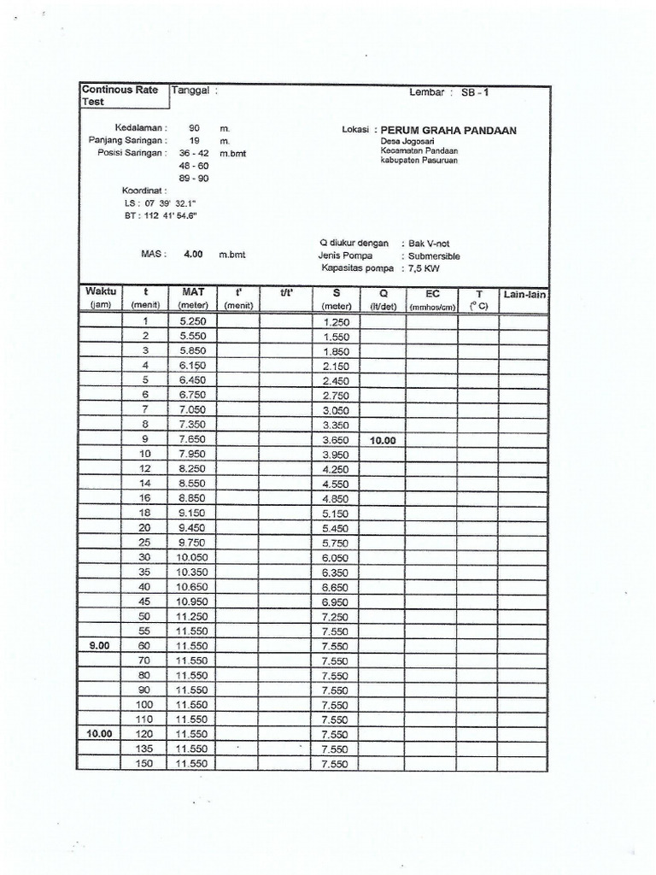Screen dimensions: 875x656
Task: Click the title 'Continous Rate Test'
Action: point(120,95)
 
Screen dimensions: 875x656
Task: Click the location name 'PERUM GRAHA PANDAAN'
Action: point(448,131)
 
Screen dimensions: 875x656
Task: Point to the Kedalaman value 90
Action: point(194,127)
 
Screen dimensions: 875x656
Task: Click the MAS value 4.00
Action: point(193,254)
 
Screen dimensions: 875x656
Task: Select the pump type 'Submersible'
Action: point(434,255)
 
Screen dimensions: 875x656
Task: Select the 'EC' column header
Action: point(432,293)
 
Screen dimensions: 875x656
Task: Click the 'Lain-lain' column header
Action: point(524,295)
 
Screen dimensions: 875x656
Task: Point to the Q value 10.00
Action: point(383,440)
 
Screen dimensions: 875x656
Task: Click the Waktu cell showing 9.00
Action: point(99,646)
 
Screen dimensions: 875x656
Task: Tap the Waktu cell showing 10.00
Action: point(99,734)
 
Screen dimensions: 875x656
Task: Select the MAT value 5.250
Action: point(193,321)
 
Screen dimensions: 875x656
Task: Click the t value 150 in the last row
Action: point(144,763)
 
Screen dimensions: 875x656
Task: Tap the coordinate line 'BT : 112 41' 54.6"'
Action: point(161,216)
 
